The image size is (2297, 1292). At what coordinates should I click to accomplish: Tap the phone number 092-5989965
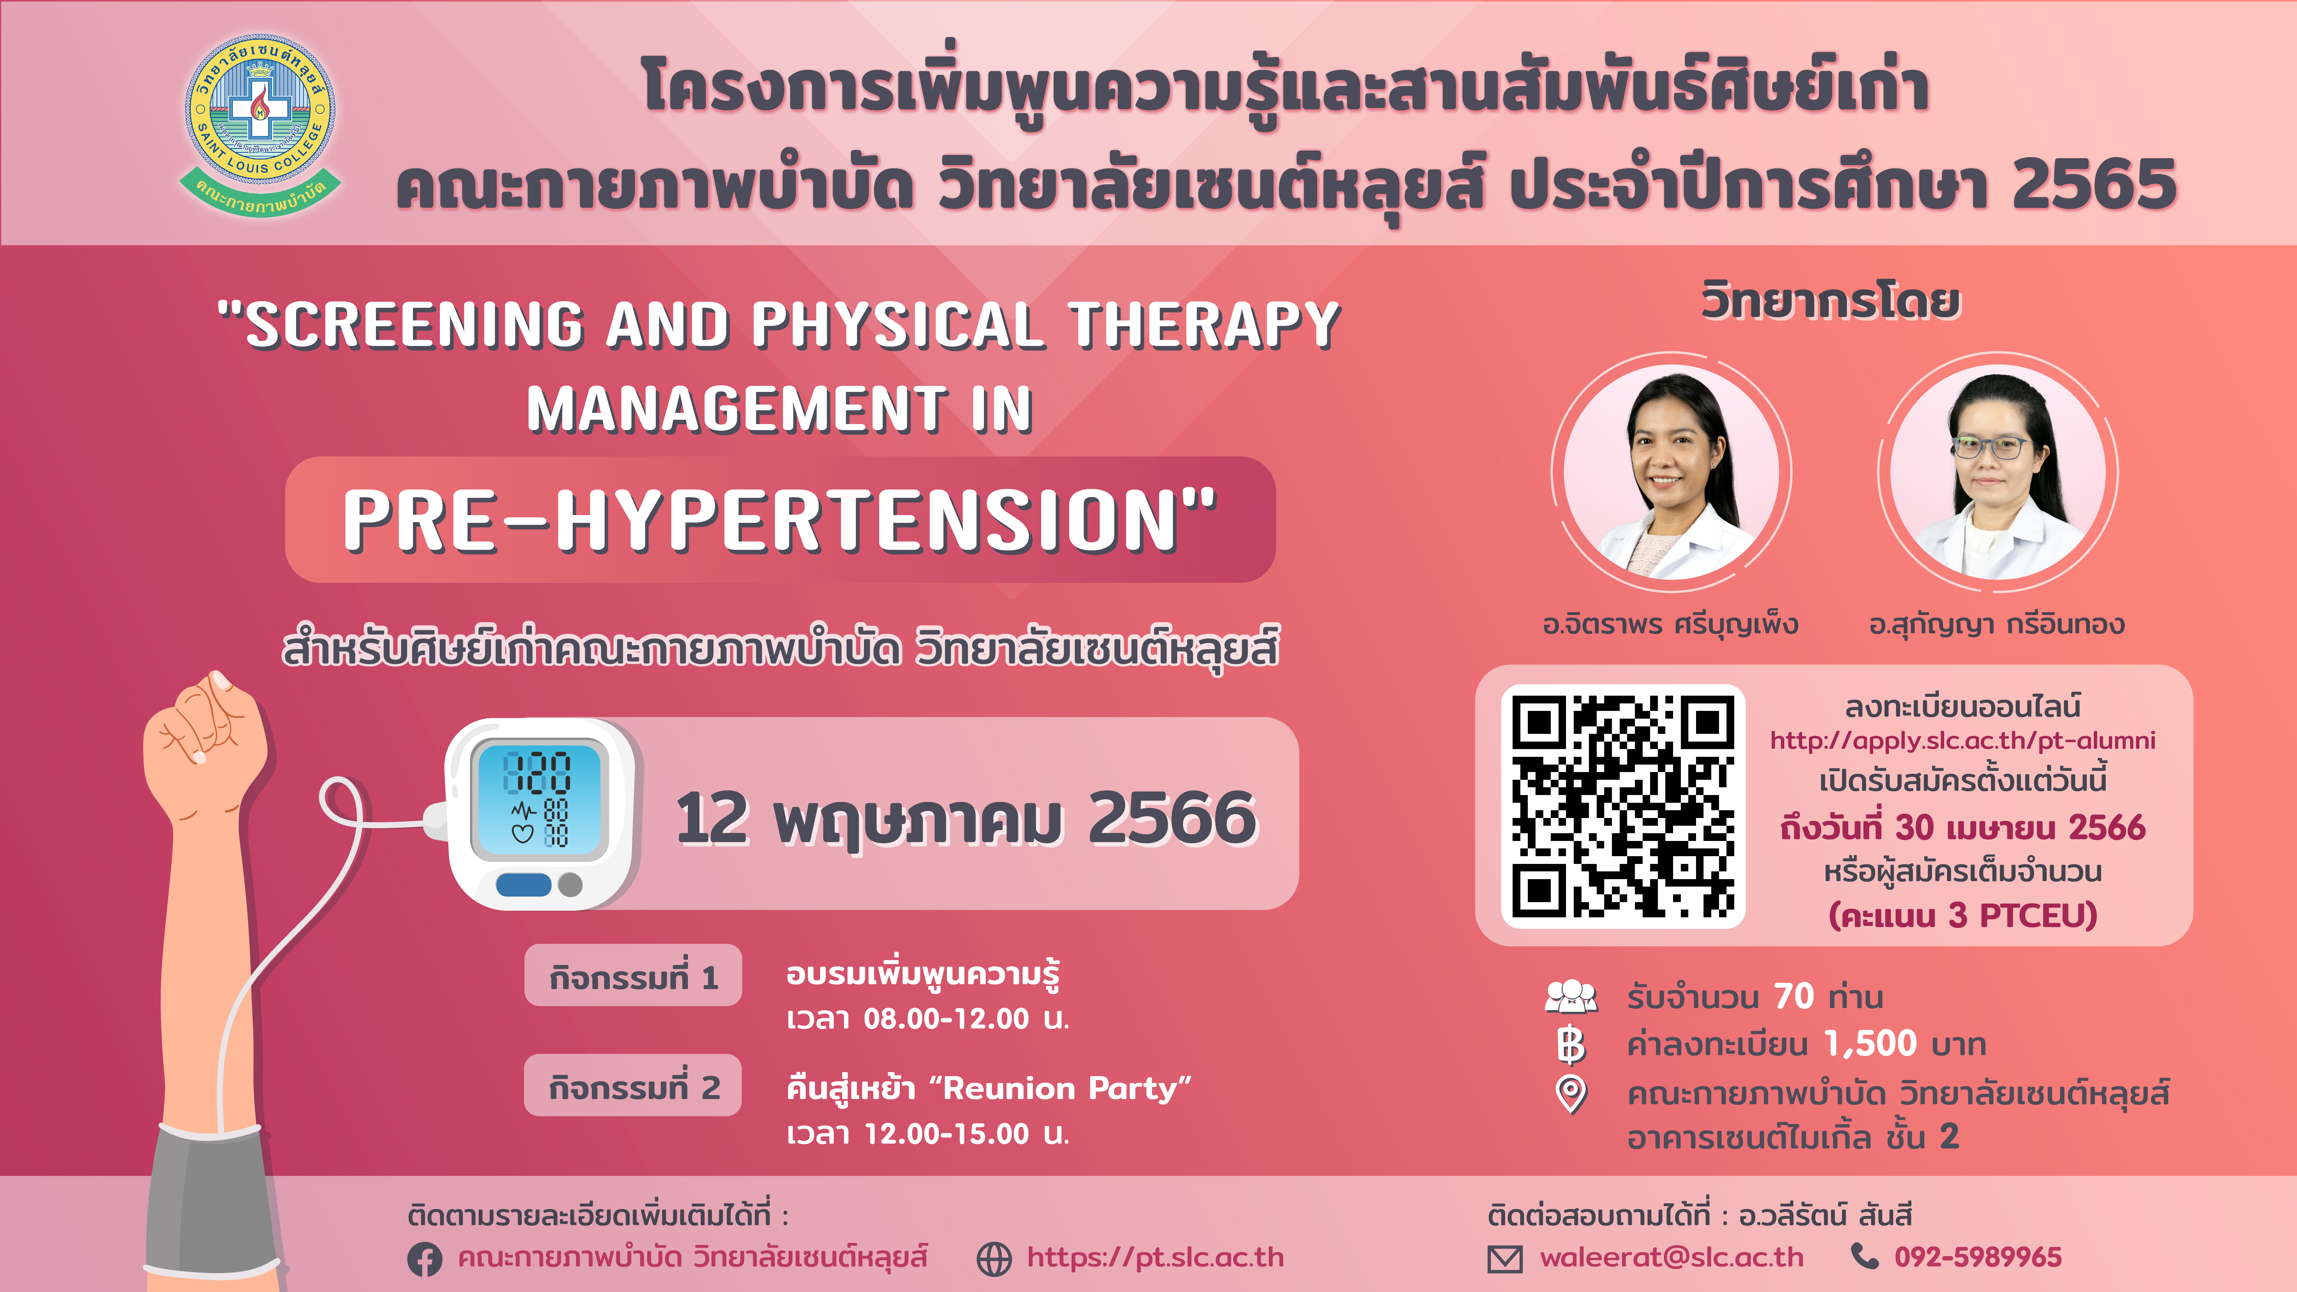1978,1257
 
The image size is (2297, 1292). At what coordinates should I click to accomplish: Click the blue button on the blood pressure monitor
523,885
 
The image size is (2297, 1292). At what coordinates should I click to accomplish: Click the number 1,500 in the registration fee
1871,1043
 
